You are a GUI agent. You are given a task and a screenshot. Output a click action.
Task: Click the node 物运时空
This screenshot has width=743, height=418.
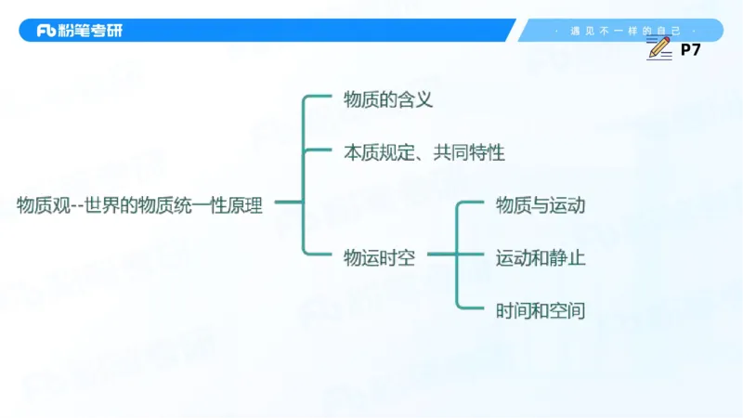coord(379,258)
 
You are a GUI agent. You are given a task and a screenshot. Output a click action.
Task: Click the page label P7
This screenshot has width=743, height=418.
coord(690,50)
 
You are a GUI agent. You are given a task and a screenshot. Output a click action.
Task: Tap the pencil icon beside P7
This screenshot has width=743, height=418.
coord(660,50)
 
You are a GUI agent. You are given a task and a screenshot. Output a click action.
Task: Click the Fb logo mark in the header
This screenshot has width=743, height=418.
coord(48,31)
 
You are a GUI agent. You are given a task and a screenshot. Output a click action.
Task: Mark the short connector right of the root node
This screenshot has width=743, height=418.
coord(288,202)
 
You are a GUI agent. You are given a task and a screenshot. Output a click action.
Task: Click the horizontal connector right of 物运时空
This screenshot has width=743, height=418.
coord(440,254)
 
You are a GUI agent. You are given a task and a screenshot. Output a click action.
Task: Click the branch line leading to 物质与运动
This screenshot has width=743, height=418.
coord(472,201)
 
